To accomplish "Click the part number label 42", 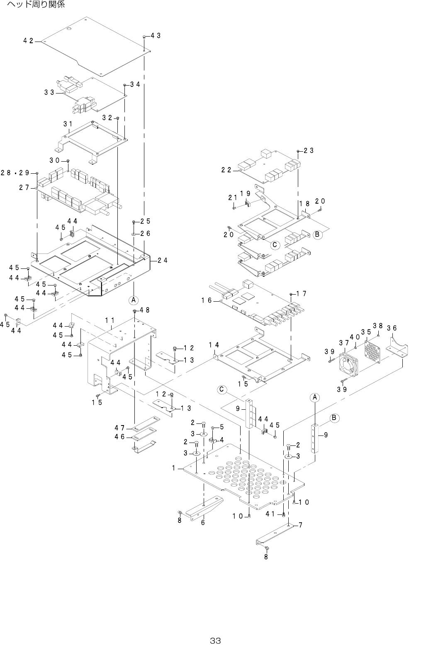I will point(28,41).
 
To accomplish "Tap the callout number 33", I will point(49,93).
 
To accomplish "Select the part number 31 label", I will point(68,124).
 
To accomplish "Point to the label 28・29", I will point(15,173).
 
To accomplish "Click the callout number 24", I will point(163,261).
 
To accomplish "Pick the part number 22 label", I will point(226,170).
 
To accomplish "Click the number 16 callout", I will point(207,300).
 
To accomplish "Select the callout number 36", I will point(392,328).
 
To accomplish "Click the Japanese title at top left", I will point(36,5).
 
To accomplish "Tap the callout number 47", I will point(120,428).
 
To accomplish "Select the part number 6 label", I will point(203,522).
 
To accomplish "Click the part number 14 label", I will point(214,344).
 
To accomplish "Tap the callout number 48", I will point(144,310).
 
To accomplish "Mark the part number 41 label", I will point(271,514).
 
